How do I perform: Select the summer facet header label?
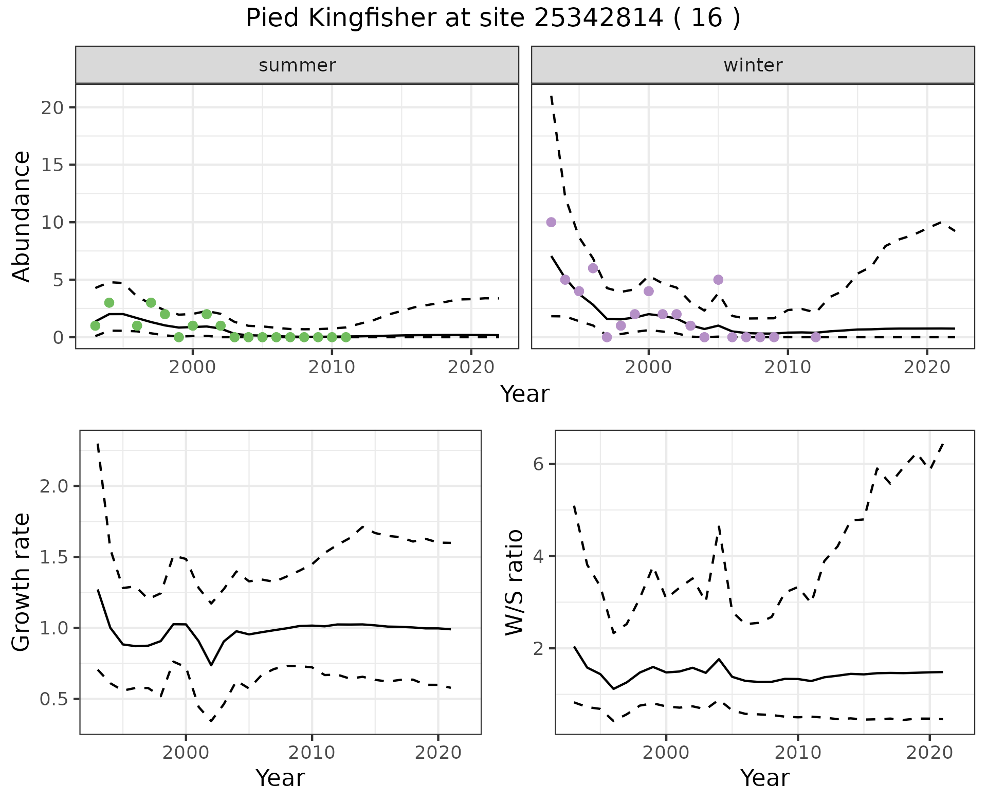297,65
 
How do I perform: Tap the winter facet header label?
753,65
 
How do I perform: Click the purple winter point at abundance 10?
551,222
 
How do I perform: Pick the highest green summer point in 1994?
109,302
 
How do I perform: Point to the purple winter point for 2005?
718,280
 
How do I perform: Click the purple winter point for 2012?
815,337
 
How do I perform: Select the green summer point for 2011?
346,337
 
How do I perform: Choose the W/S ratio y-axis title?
514,582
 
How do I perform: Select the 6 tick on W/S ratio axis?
538,464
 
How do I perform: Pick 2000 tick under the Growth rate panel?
186,753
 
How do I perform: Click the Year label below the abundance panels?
525,394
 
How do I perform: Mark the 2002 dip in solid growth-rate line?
211,665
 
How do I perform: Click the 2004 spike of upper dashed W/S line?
719,526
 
